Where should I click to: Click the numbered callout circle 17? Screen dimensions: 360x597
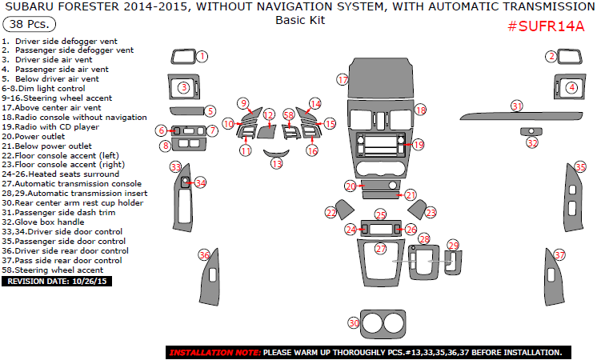coord(343,80)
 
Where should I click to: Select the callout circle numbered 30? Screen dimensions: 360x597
coord(354,322)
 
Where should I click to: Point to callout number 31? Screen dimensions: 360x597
coord(517,106)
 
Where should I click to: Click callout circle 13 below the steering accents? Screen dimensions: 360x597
coord(277,163)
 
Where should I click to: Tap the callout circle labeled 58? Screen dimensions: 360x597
coord(289,115)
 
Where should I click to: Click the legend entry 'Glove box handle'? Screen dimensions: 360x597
coord(48,222)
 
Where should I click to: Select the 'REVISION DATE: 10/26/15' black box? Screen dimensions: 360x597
coord(58,282)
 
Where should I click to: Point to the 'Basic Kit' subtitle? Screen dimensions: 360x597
coord(299,21)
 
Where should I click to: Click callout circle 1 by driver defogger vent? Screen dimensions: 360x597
coord(202,57)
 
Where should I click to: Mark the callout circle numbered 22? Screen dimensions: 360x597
coord(331,212)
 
